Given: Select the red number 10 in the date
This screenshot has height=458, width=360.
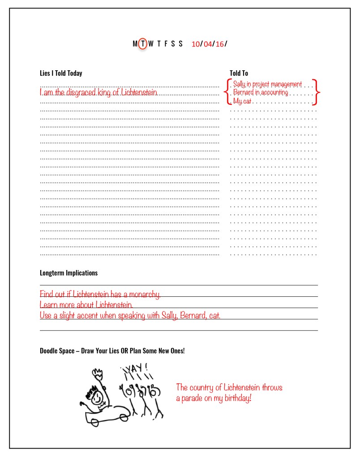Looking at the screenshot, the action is (x=195, y=44).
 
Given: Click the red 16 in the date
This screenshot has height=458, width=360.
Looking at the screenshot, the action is (x=219, y=44).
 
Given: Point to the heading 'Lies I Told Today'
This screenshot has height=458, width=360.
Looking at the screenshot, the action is (x=61, y=73).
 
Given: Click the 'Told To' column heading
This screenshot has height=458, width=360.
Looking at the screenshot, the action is (x=239, y=73).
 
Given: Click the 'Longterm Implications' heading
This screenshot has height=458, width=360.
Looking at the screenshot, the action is (x=69, y=273).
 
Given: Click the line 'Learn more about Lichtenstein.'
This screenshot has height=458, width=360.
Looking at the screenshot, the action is (x=86, y=305).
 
